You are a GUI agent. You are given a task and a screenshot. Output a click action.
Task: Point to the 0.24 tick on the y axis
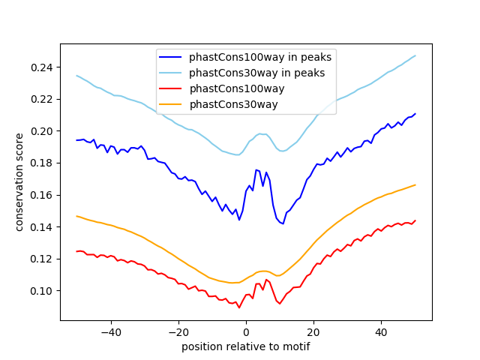(42, 67)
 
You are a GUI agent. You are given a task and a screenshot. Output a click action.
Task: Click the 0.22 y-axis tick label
(42, 99)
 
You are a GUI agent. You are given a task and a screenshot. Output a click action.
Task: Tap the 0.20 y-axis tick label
(42, 131)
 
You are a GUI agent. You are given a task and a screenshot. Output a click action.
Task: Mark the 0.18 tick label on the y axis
(42, 163)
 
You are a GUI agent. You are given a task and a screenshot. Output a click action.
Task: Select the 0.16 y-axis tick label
(42, 195)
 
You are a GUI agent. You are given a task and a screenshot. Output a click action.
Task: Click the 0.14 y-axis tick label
(42, 226)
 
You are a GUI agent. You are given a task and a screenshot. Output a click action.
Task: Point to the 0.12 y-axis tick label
(42, 259)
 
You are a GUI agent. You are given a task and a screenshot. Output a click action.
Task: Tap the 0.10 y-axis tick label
(42, 291)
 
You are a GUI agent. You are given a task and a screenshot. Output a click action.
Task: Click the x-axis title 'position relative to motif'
(245, 346)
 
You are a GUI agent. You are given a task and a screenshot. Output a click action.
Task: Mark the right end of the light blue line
(415, 55)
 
